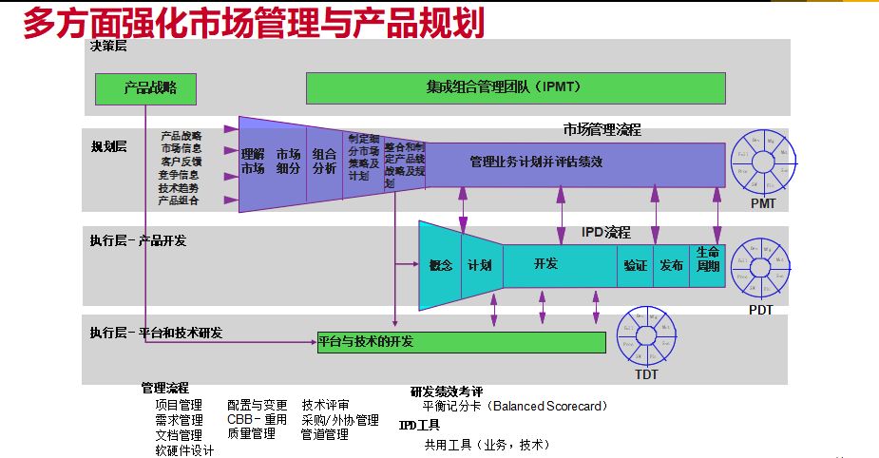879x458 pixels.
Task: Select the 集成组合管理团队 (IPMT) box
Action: (515, 87)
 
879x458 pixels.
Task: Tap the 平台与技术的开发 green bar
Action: (461, 342)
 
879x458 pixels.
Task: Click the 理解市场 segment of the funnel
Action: (252, 161)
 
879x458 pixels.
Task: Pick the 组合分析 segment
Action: (324, 161)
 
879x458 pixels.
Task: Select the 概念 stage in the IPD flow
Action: (440, 265)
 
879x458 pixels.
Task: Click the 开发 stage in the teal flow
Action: (545, 264)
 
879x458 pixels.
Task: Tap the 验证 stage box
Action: (635, 265)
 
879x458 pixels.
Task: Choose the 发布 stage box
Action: (671, 265)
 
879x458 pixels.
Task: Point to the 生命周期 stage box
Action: (708, 258)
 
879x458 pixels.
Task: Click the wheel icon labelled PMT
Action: (763, 162)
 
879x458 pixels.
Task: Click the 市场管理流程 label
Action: (602, 129)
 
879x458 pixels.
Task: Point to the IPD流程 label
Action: (605, 232)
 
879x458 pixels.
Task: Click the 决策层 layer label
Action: (108, 47)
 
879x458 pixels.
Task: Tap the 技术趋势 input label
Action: (180, 188)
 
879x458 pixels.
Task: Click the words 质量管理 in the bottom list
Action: (251, 433)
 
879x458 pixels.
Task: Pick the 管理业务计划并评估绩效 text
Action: (536, 162)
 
